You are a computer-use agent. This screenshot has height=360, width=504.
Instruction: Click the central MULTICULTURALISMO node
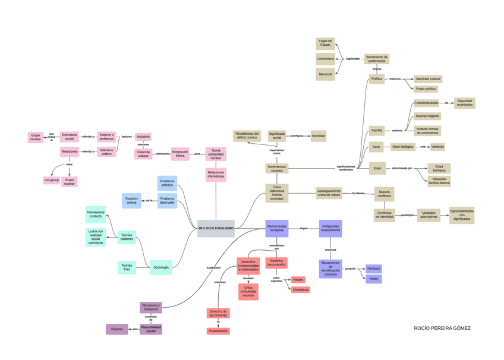tap(216, 228)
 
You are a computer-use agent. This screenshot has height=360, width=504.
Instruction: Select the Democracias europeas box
tap(276, 228)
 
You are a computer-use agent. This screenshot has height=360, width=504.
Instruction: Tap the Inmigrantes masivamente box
tap(330, 228)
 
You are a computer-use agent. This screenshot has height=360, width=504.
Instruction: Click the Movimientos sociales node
tap(277, 169)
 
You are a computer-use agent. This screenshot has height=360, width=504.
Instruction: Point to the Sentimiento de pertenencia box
tap(377, 58)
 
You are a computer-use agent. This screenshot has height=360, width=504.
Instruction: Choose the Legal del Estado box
tap(325, 43)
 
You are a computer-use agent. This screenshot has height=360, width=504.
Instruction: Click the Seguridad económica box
tap(465, 103)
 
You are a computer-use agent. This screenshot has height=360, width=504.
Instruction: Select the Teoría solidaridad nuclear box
tap(216, 154)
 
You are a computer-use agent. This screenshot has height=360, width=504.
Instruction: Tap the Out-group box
tap(52, 180)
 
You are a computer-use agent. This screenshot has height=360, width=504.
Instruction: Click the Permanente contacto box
tap(96, 214)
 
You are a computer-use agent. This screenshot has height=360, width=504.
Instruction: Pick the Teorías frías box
tap(127, 267)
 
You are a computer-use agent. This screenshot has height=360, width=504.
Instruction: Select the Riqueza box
tap(116, 329)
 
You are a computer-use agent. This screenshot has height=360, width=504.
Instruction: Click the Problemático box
tap(218, 331)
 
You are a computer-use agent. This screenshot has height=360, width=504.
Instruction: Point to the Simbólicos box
tap(300, 290)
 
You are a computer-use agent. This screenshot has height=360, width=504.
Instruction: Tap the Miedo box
tap(374, 279)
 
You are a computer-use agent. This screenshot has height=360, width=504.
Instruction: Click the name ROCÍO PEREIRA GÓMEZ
tap(442, 328)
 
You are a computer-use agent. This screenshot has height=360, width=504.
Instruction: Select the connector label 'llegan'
tap(304, 228)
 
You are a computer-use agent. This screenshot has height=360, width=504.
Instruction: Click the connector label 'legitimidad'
tap(353, 59)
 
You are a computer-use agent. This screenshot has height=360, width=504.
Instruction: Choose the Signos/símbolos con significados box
tap(462, 214)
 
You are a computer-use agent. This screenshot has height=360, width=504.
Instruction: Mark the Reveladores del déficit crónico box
tap(247, 135)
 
